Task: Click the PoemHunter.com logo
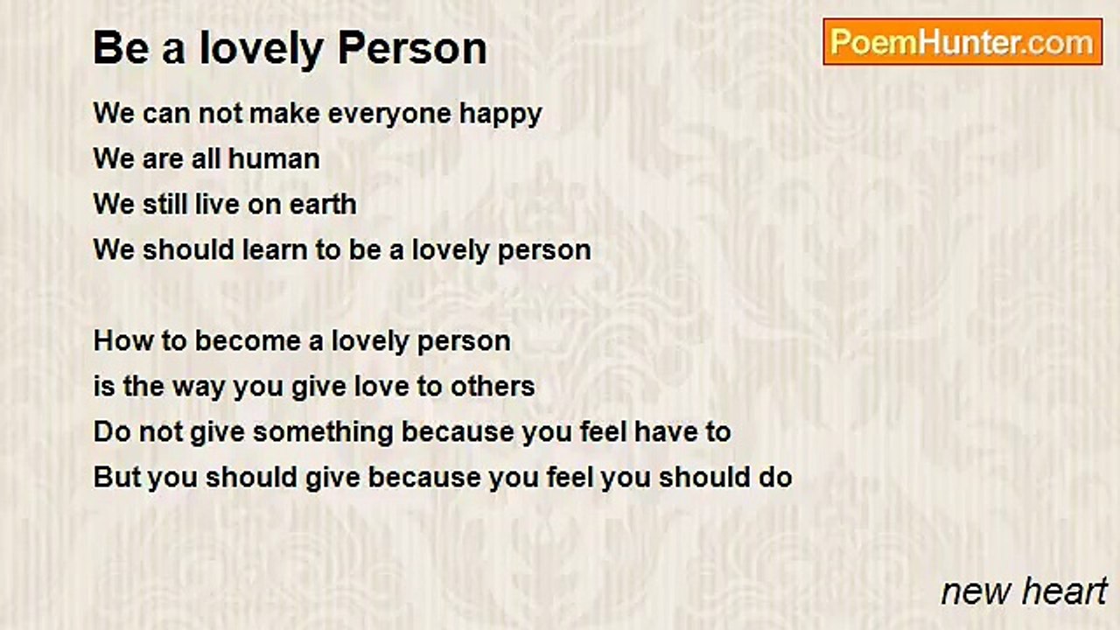tap(962, 42)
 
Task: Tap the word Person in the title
tap(412, 48)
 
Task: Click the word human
tap(274, 159)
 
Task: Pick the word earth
tap(323, 205)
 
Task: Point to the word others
tap(493, 387)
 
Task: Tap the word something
tap(323, 433)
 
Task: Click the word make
tap(284, 114)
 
